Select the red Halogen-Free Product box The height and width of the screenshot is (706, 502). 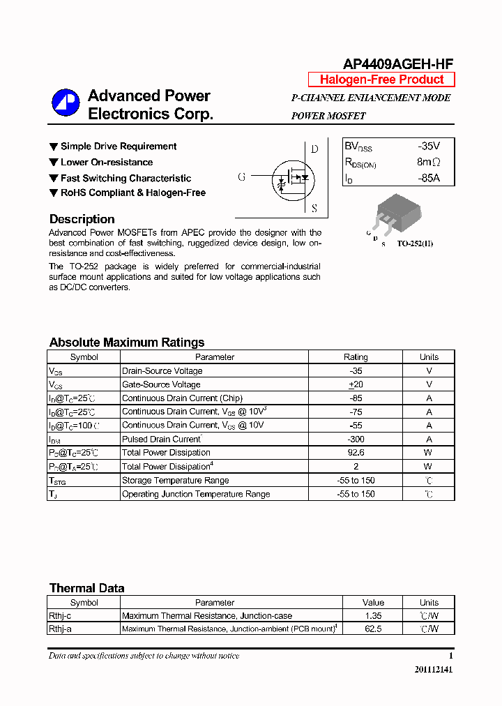click(381, 80)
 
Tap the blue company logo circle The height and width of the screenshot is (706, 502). click(66, 103)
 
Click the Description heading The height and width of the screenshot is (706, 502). click(82, 219)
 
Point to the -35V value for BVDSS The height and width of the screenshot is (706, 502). click(429, 147)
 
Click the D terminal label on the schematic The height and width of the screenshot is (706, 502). click(314, 149)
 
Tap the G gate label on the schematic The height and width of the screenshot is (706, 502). click(242, 177)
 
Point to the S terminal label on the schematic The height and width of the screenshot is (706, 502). click(314, 208)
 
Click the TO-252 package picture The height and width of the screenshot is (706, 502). click(398, 215)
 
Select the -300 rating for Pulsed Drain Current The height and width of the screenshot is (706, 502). click(356, 440)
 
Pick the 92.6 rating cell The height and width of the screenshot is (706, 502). click(356, 453)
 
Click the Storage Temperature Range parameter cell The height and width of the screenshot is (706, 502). click(175, 480)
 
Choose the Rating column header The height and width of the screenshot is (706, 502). click(356, 357)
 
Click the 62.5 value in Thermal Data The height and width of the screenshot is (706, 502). click(373, 629)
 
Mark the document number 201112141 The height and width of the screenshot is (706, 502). click(433, 670)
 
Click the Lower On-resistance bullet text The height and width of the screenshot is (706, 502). click(106, 162)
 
